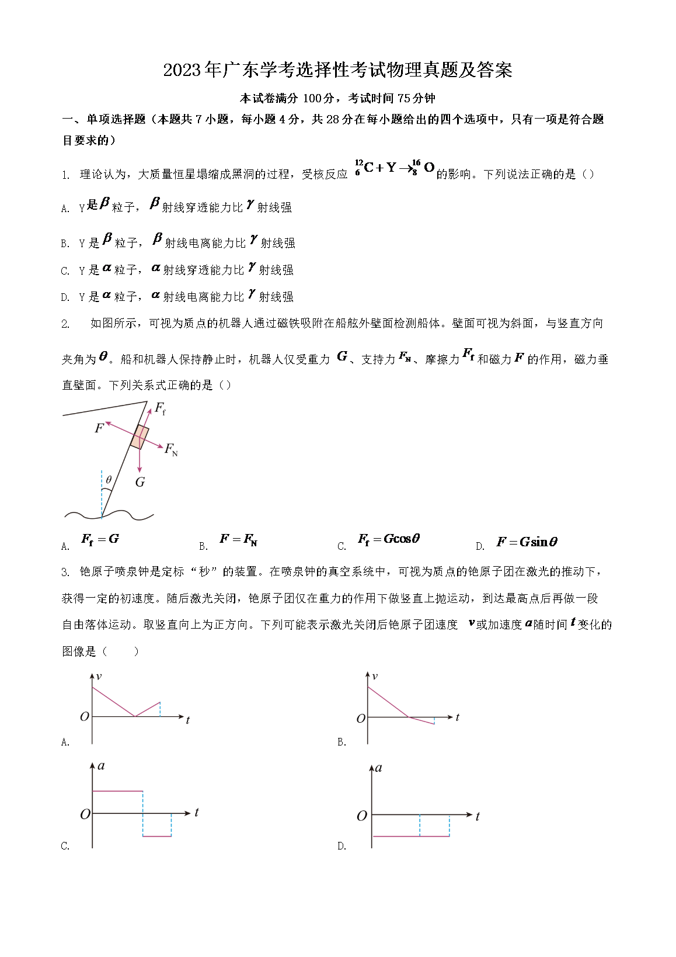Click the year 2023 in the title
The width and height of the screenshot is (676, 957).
pos(182,71)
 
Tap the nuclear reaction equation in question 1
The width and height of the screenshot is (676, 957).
pos(395,168)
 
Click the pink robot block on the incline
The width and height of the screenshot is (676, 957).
pos(140,437)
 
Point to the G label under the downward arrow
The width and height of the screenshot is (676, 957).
pos(140,482)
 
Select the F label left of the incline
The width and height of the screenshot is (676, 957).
pos(99,428)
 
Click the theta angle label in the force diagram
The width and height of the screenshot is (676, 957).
pos(109,480)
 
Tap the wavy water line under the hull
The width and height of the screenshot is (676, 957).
pos(109,515)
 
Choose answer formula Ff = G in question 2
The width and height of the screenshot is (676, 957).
pos(100,539)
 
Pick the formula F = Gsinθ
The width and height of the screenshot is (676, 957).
pos(527,542)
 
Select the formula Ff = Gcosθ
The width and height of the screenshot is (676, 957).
pos(389,539)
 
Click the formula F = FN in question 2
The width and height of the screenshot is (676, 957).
pos(238,539)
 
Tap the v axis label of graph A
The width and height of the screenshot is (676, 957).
pos(99,677)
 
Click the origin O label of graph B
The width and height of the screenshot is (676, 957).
pos(361,718)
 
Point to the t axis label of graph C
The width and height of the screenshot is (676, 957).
pos(197,812)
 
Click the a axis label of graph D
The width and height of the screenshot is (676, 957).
pos(378,768)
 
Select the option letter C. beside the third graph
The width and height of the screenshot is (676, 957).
pos(65,845)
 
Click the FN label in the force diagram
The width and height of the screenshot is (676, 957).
pos(171,449)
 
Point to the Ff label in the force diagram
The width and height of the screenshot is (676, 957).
pos(160,408)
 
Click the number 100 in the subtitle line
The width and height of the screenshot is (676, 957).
pos(312,98)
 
